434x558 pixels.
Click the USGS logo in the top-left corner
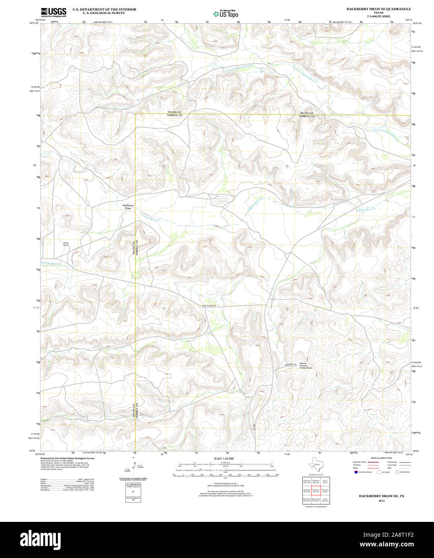point(53,12)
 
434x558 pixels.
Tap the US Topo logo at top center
point(226,14)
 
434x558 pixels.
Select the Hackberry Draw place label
point(128,207)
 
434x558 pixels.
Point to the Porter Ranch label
point(66,244)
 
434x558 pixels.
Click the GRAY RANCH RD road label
point(209,306)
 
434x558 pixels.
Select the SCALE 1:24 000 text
point(224,458)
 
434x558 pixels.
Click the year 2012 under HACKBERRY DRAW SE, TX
point(381,501)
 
